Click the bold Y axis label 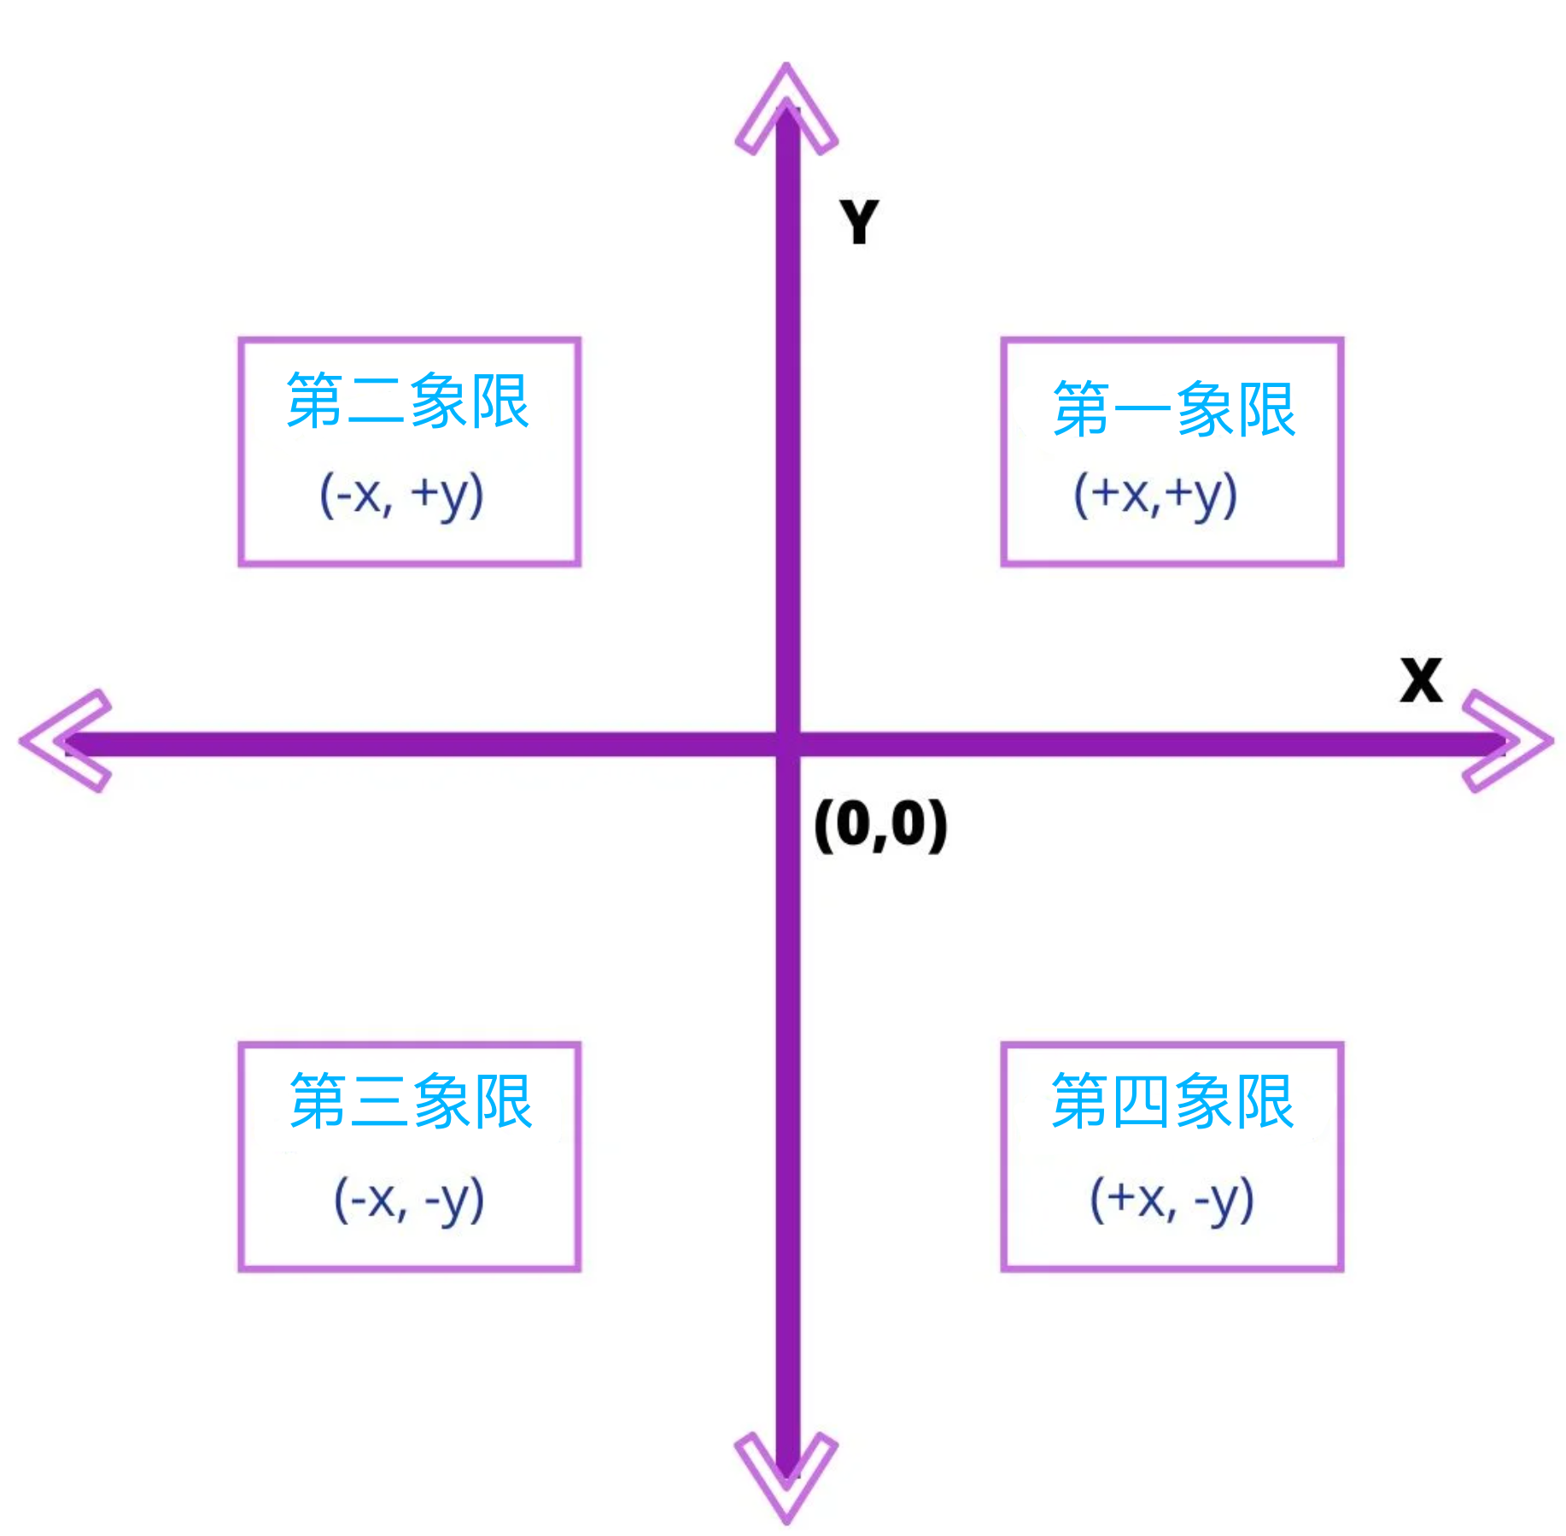[x=859, y=222]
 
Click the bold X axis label [x=1421, y=680]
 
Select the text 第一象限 [x=1174, y=409]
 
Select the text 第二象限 [x=408, y=400]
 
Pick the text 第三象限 [x=411, y=1100]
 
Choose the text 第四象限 [x=1172, y=1100]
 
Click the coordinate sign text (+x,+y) [x=1155, y=495]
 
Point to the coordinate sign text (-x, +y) [x=401, y=495]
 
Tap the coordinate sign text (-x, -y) [x=409, y=1199]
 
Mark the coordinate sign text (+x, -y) [x=1172, y=1199]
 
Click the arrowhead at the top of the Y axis [x=786, y=107]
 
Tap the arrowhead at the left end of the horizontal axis [x=64, y=742]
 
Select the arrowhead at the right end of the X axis [x=1509, y=742]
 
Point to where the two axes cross [x=787, y=743]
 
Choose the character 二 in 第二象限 [x=377, y=402]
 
